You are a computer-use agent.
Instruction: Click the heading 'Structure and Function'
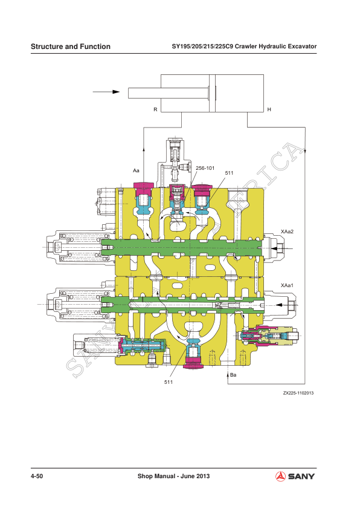(x=71, y=47)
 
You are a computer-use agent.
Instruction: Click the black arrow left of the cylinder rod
(x=106, y=92)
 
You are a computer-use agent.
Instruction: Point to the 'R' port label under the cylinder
(x=155, y=109)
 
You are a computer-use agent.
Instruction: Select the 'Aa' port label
(x=137, y=171)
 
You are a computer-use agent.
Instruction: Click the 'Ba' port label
(x=234, y=375)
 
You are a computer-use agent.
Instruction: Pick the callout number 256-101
(x=205, y=167)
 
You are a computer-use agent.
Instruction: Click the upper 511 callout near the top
(x=230, y=173)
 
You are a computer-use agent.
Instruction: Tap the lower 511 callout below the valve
(x=170, y=382)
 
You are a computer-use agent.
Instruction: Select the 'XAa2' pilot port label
(x=288, y=231)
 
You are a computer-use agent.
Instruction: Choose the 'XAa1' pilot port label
(x=288, y=284)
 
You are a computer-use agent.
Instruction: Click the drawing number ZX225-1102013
(x=299, y=393)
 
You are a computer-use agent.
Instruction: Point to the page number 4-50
(x=37, y=477)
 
